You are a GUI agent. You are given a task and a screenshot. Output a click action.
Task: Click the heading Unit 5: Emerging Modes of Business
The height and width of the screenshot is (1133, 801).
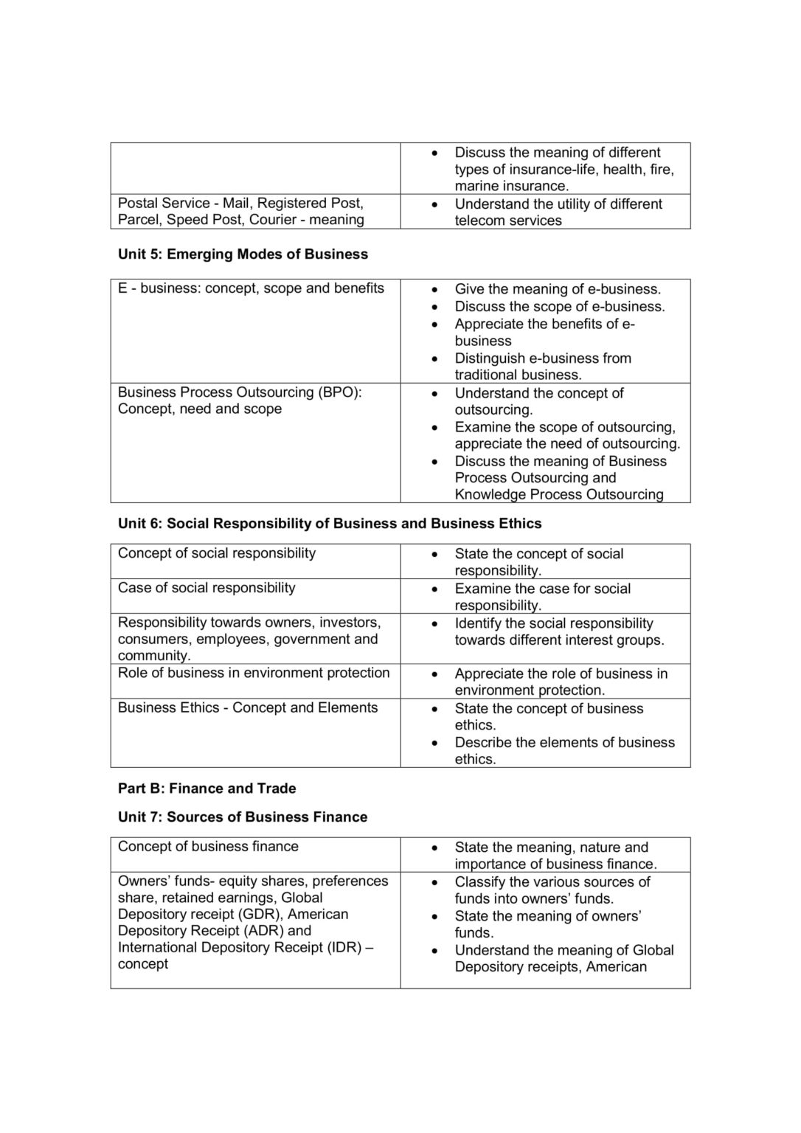pos(243,254)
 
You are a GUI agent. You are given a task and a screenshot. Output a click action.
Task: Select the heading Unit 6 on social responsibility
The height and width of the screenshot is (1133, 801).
pos(330,524)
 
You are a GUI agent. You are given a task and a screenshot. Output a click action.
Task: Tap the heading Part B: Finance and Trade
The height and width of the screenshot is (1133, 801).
pos(207,789)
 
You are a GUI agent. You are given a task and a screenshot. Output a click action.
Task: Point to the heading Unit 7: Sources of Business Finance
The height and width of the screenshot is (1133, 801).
pos(243,817)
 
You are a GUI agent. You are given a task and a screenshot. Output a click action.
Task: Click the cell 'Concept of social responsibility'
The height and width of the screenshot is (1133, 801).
pos(217,553)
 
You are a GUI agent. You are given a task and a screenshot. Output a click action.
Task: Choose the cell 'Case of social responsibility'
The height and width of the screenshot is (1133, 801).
pos(207,588)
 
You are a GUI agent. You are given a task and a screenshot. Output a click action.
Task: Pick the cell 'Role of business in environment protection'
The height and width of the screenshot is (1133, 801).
pos(254,673)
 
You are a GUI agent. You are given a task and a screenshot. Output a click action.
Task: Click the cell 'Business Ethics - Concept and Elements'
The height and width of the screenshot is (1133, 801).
pos(248,707)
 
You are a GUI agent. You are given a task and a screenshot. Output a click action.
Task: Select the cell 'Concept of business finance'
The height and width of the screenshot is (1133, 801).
pos(208,847)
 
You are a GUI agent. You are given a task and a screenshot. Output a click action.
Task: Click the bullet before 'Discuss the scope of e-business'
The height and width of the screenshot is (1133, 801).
pos(438,307)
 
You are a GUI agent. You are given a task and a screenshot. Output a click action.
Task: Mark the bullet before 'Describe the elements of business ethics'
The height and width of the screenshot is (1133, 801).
pos(438,743)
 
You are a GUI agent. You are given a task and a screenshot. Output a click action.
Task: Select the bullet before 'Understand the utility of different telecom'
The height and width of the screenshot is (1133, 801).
pos(438,204)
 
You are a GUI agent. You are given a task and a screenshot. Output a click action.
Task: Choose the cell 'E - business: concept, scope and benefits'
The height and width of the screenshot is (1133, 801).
pos(251,288)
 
